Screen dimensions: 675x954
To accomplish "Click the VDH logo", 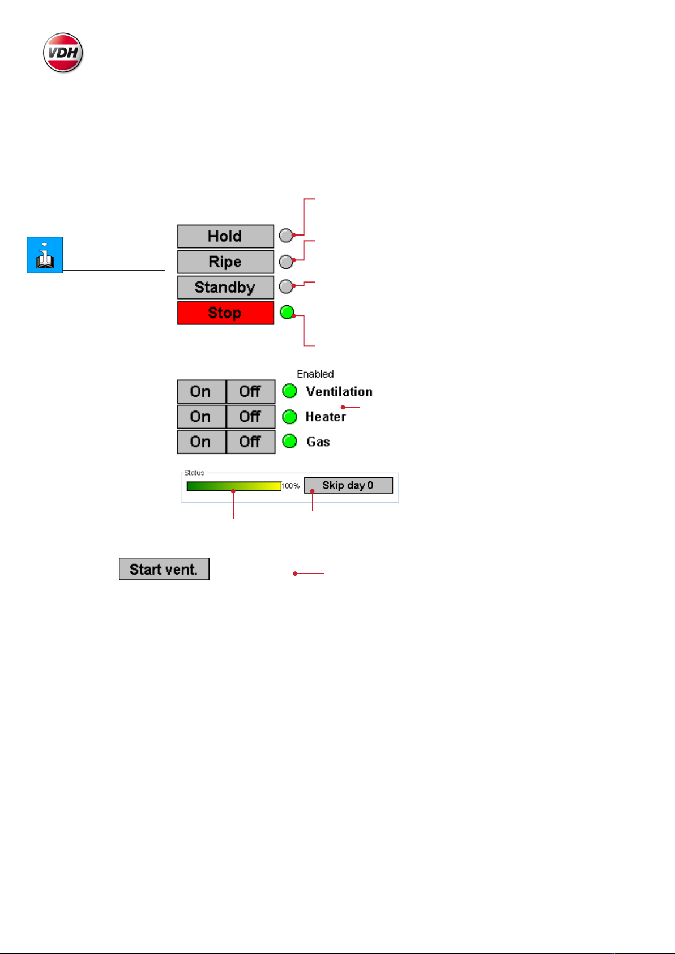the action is (x=63, y=53).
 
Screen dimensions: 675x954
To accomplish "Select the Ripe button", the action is (x=225, y=262).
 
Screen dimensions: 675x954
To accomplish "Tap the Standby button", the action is (x=225, y=288).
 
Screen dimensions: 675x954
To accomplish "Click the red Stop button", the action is (x=225, y=313).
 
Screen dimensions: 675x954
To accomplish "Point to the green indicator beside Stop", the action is (x=288, y=311).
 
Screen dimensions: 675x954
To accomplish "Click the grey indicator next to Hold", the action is (x=286, y=236).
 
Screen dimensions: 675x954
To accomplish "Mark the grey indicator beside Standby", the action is (x=286, y=286).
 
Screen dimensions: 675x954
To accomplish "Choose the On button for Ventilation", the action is (x=201, y=391).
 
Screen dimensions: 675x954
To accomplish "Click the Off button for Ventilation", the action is (x=250, y=391).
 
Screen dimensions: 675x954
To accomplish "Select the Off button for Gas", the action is (x=250, y=442).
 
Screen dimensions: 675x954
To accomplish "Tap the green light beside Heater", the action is (x=289, y=417).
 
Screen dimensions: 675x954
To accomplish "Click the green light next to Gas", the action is (x=289, y=441).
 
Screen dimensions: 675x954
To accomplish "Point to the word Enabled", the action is (x=315, y=374).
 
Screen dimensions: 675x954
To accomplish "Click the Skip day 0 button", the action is (x=348, y=486).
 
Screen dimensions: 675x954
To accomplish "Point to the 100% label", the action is (x=291, y=486).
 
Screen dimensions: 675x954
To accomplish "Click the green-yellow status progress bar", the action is (x=234, y=486).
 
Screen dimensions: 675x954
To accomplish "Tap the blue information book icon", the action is (x=45, y=255).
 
